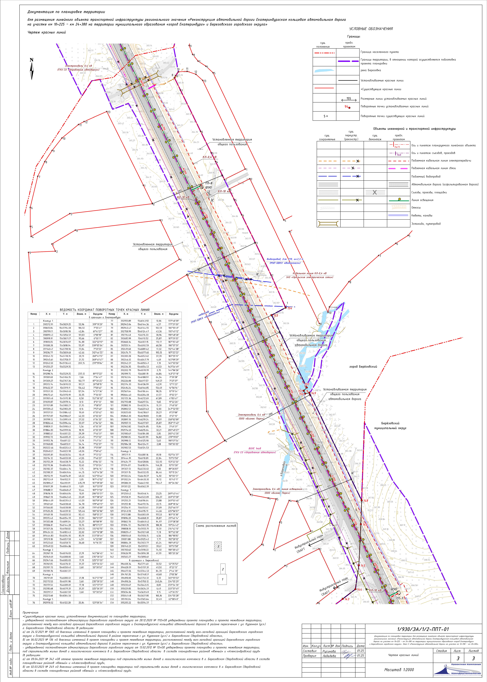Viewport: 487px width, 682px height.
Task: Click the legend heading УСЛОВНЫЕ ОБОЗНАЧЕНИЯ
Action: (371, 29)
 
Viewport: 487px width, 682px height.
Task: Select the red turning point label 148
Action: (365, 501)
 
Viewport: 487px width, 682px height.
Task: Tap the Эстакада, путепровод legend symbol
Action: (328, 223)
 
